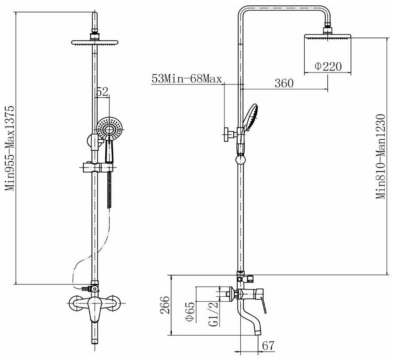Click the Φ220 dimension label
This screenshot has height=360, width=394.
[x=328, y=67]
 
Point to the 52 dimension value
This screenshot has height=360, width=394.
[x=102, y=92]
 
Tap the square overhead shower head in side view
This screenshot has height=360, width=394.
[x=328, y=38]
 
